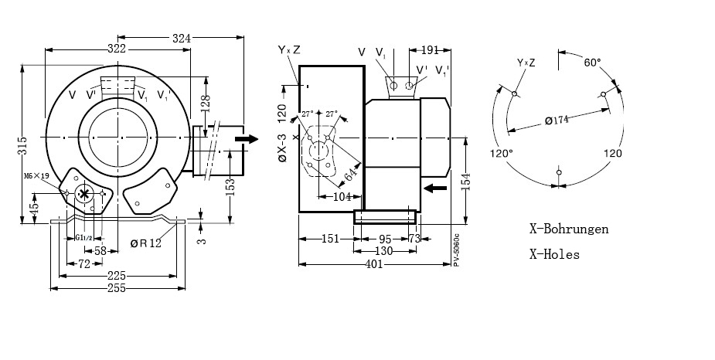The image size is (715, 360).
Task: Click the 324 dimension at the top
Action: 182,36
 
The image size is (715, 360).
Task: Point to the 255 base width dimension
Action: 117,287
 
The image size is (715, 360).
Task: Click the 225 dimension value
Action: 117,276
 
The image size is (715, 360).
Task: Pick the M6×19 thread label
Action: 36,176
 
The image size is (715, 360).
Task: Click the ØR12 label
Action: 146,244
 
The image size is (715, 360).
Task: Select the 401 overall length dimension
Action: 373,264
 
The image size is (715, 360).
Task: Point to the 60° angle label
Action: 592,62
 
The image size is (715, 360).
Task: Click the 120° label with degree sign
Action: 501,153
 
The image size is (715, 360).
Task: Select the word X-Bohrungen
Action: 568,229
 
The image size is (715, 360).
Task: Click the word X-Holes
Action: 554,253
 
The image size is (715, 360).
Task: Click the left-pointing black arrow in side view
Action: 436,188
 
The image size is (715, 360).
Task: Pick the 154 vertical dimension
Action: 465,182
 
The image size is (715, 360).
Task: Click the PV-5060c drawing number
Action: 456,249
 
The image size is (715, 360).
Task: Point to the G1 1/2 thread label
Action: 84,237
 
